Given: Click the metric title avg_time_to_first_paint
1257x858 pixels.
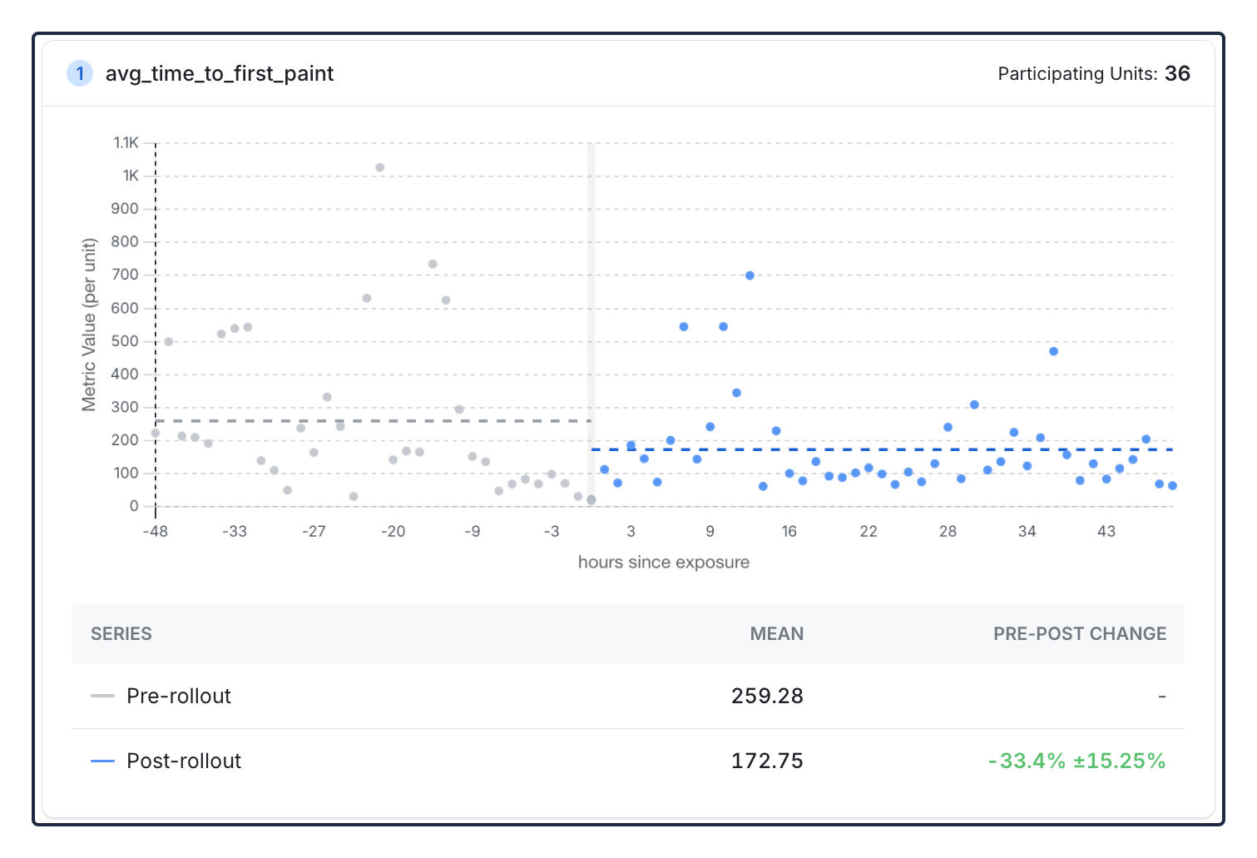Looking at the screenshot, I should coord(220,74).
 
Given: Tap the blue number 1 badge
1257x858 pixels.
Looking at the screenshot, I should coord(80,73).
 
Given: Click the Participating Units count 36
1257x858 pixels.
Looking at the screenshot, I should coord(1177,74).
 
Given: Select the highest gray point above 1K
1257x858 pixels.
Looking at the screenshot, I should coord(379,167).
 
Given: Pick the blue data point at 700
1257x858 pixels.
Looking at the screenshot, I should coord(750,275).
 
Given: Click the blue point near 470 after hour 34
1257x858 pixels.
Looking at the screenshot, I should coord(1053,351).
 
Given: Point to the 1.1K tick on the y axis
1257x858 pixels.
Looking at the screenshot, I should coord(126,143).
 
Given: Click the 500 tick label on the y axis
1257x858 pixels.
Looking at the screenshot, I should coord(125,341).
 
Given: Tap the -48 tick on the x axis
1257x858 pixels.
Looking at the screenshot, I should coord(155,531).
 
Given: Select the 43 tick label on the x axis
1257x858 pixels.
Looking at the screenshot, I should coord(1106,531).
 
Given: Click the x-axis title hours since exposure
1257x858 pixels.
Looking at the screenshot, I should coord(663,563).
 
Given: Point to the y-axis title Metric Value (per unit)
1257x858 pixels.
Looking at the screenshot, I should coord(89,325).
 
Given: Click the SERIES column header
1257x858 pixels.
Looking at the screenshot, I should coord(121,634).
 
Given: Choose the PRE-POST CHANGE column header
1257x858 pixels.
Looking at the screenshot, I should coord(1079,634).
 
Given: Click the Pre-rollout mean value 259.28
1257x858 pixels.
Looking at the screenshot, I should coord(767,696).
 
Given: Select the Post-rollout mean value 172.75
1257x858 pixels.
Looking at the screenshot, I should coord(767,761).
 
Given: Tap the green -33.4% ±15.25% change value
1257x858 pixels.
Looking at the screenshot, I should coord(1076,761).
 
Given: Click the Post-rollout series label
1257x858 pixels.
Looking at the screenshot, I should coord(184,761).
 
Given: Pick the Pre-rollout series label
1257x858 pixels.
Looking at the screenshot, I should coord(179,696).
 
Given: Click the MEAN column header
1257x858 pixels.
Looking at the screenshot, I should coord(776,634).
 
